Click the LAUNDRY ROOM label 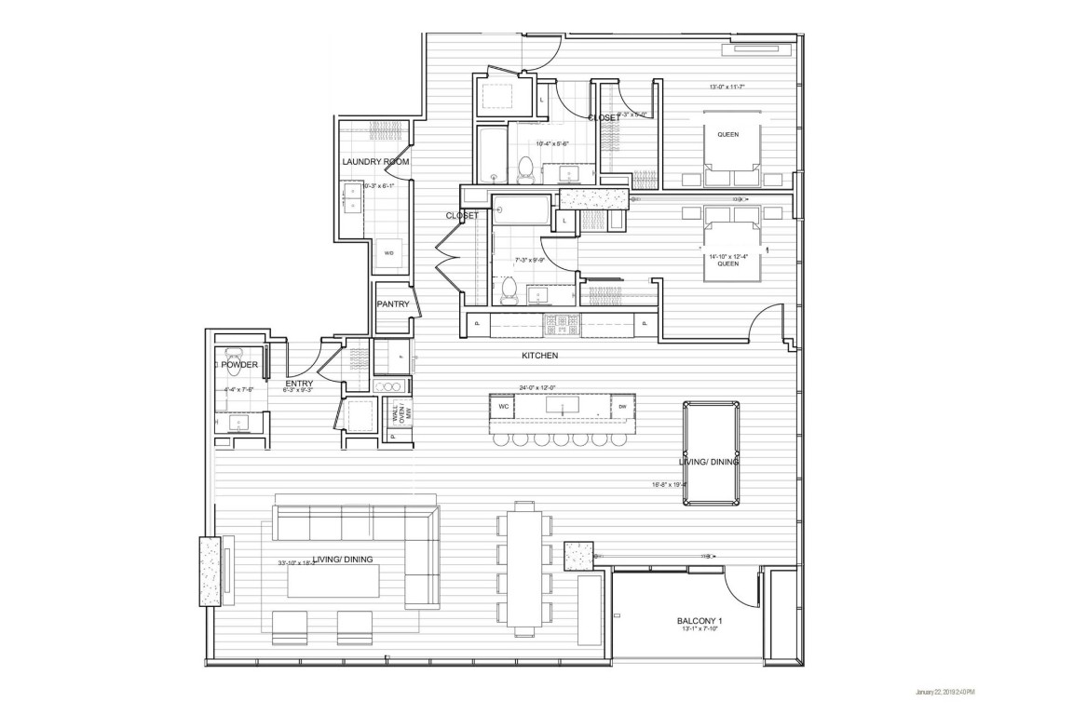(370, 162)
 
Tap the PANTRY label (393, 304)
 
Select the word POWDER (239, 365)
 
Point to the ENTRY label (299, 383)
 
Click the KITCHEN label (539, 356)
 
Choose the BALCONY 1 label (699, 621)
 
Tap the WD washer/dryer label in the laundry (388, 252)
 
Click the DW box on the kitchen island (621, 406)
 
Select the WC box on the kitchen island (502, 406)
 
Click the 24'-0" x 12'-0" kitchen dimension (545, 387)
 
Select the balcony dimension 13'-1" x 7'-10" (699, 630)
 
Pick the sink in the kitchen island (562, 407)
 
